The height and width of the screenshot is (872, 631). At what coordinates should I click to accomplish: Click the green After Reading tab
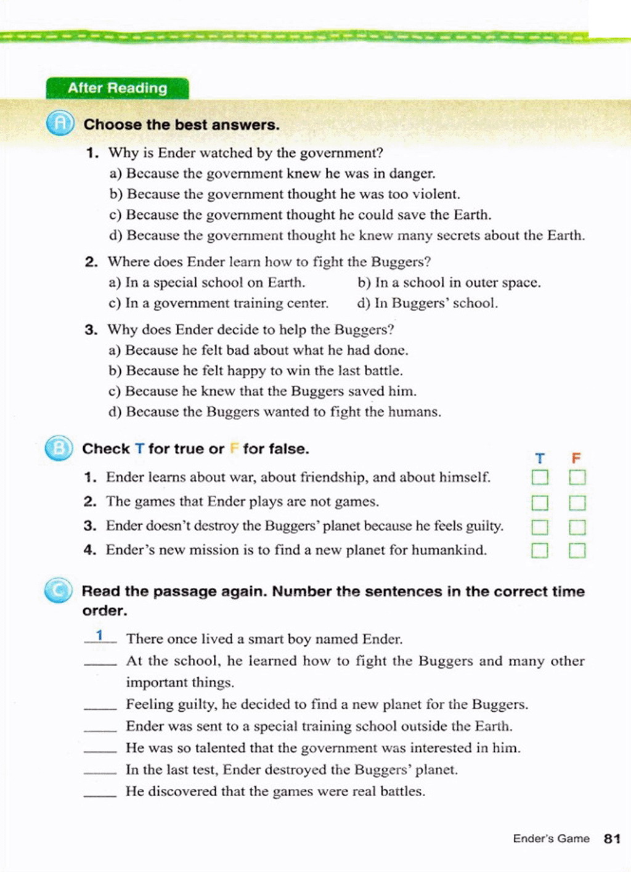(x=117, y=88)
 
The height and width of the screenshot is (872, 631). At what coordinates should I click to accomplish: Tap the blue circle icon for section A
(x=60, y=124)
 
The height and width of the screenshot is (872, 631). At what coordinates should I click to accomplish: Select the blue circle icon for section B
(x=59, y=448)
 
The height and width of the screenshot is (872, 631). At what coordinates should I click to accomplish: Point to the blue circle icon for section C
(x=59, y=591)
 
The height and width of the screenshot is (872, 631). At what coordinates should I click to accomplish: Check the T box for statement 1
(x=540, y=478)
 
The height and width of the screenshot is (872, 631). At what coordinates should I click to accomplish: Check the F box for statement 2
(x=577, y=503)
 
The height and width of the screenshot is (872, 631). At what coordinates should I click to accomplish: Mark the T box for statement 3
(x=540, y=527)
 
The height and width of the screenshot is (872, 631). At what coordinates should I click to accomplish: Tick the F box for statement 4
(x=577, y=550)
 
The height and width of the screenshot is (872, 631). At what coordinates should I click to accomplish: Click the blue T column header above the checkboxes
(x=540, y=458)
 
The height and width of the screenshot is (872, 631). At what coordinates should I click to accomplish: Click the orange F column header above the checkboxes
(x=576, y=458)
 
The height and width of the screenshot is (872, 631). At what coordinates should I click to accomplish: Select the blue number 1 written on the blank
(x=99, y=635)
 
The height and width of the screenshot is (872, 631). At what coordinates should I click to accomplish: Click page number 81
(x=612, y=839)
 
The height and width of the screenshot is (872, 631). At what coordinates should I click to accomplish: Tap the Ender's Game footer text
(x=551, y=839)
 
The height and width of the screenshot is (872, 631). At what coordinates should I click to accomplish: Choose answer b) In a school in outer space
(x=449, y=283)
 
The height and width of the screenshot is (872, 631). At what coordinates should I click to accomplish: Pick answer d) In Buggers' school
(x=427, y=303)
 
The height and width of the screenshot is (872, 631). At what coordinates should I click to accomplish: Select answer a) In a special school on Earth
(x=207, y=283)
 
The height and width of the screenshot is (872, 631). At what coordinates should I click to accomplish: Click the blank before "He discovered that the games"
(x=100, y=793)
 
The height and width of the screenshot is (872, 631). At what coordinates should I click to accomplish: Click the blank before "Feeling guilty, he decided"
(x=100, y=706)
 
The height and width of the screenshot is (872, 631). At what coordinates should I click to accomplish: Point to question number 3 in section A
(x=91, y=330)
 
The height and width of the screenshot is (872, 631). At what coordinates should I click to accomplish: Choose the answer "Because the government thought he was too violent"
(x=285, y=195)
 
